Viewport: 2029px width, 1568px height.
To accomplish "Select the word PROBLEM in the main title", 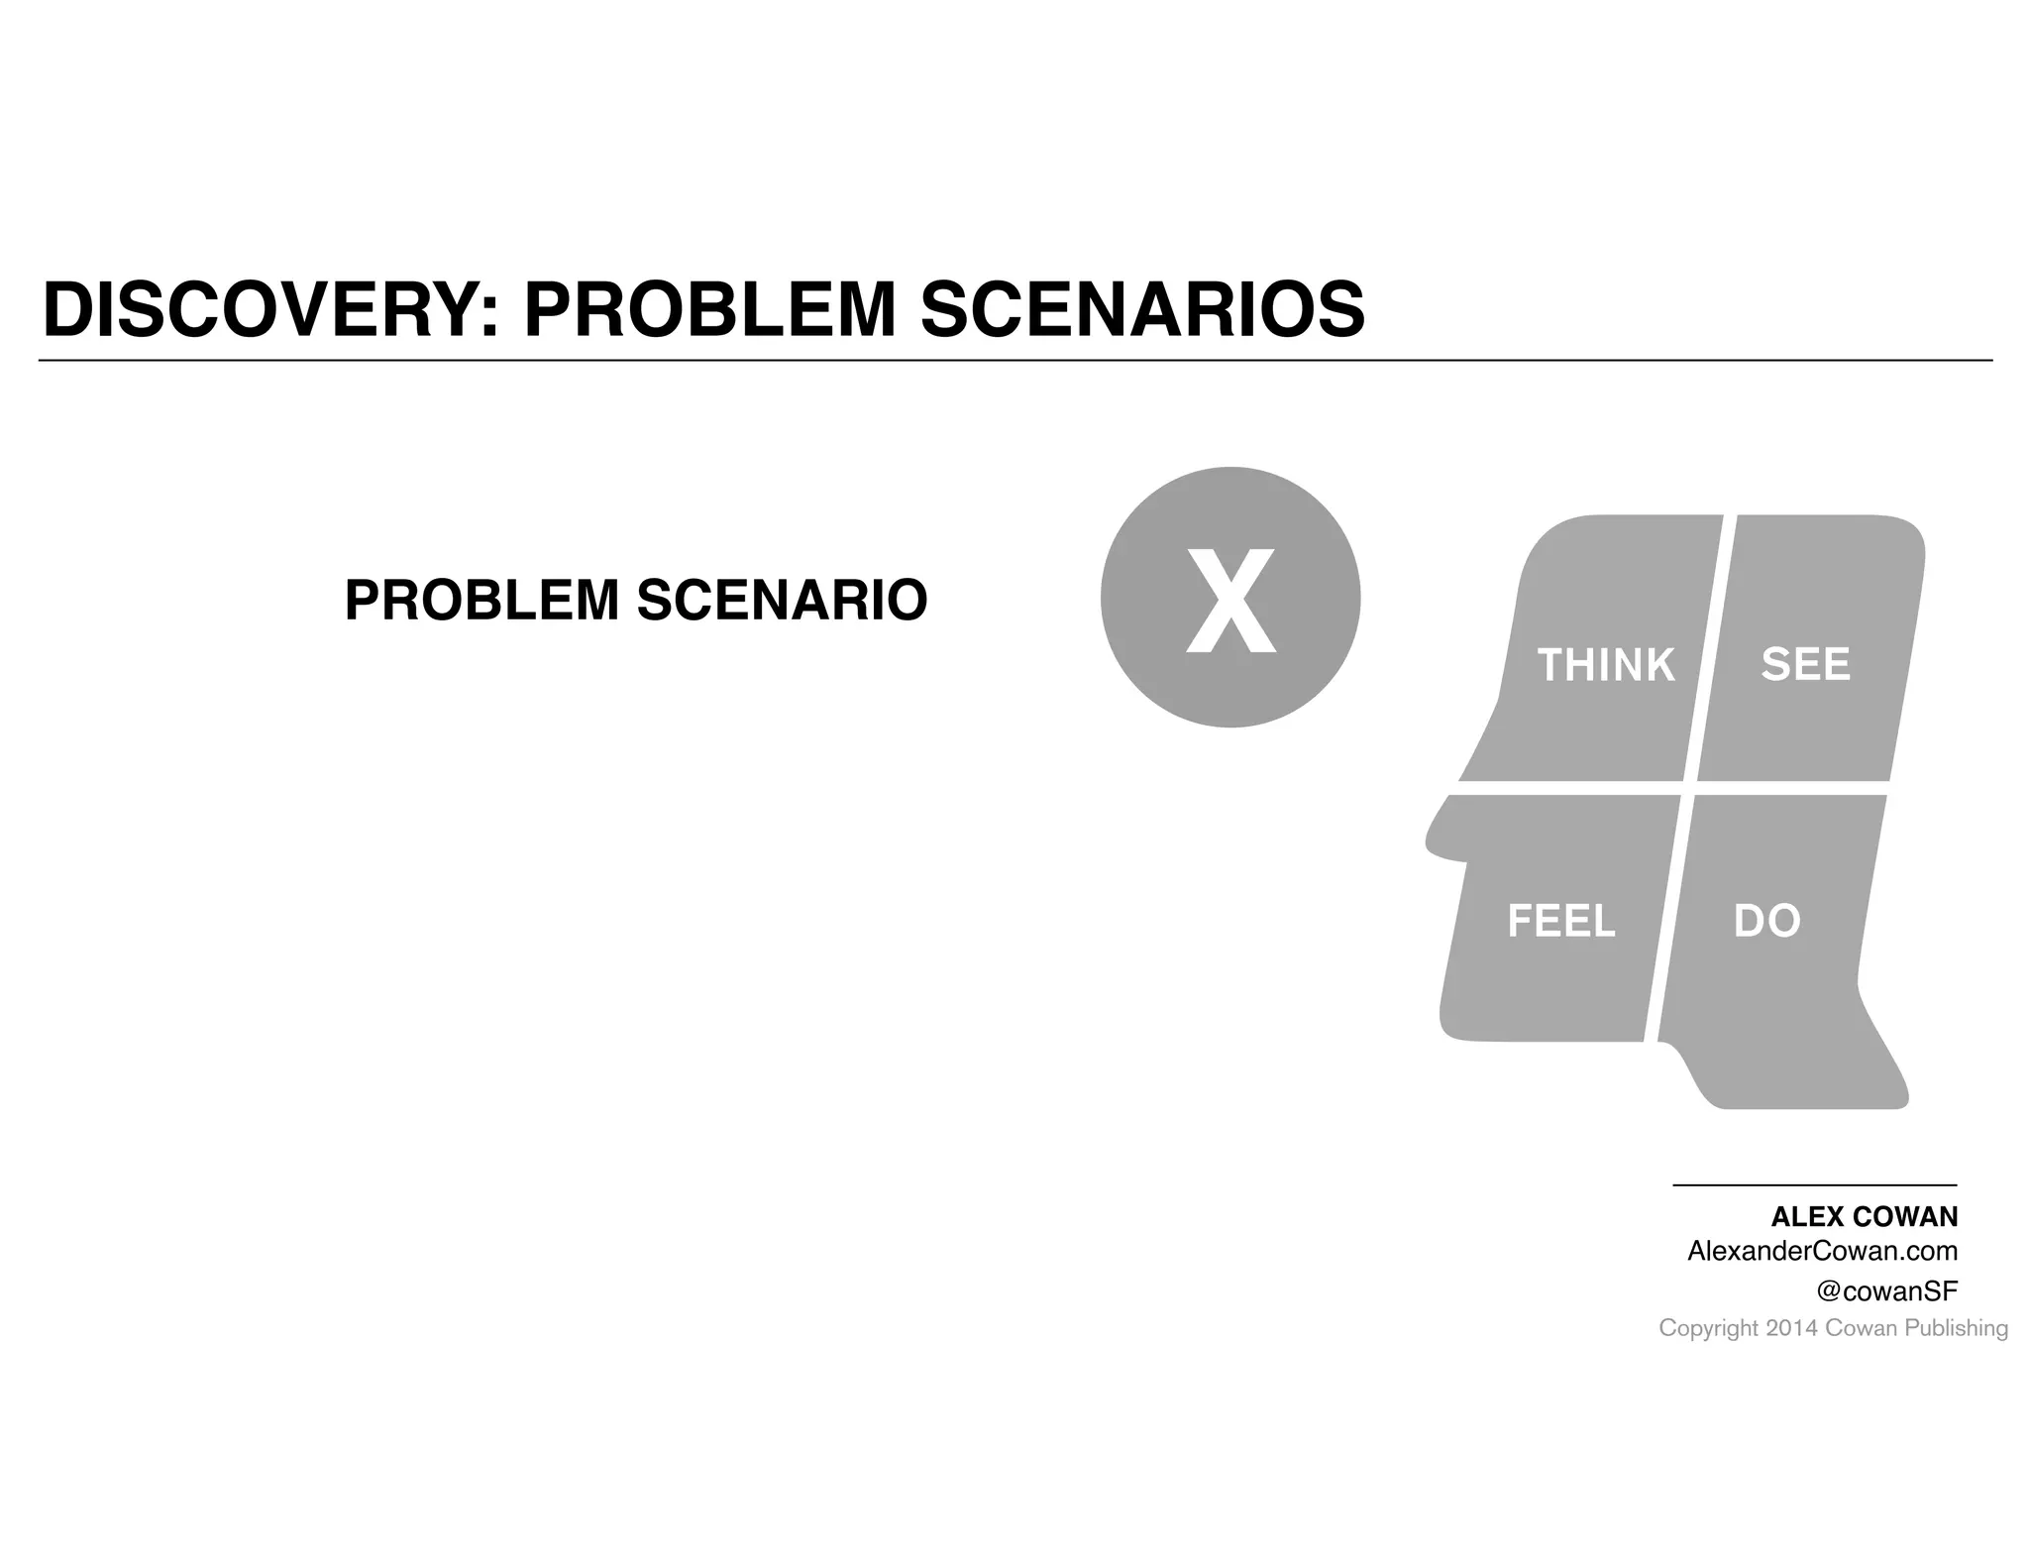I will coord(709,310).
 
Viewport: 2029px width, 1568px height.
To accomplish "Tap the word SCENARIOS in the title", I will coord(1142,310).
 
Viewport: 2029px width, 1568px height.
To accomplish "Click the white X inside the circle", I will coord(1230,601).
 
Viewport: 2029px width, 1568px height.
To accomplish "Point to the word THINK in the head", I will coord(1605,665).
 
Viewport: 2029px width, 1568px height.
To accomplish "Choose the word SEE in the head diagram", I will coord(1805,664).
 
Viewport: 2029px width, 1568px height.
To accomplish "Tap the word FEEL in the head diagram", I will coord(1561,921).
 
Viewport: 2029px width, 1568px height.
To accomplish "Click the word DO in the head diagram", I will coord(1766,921).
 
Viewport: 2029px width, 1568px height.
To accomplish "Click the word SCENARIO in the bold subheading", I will coord(782,601).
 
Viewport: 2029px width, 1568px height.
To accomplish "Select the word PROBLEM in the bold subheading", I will coord(481,601).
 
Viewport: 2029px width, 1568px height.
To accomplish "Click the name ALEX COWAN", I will coord(1864,1217).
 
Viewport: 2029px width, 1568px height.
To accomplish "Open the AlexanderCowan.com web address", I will coord(1822,1251).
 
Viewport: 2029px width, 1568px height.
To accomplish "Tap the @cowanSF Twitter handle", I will coord(1886,1290).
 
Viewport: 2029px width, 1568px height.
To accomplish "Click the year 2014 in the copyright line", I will coord(1791,1328).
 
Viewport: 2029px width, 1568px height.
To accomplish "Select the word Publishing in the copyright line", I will coord(1956,1328).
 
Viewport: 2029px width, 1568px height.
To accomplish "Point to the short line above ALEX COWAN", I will coord(1814,1185).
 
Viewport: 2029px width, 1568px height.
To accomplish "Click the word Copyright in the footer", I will coord(1708,1328).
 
